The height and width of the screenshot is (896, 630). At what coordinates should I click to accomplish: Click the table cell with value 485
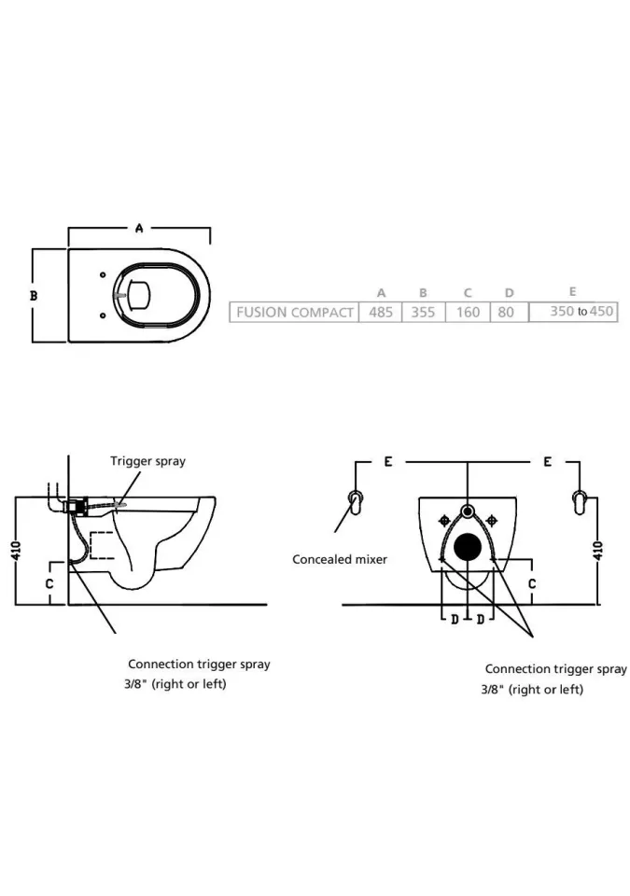point(381,312)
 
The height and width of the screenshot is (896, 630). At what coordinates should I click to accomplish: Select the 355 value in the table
point(423,312)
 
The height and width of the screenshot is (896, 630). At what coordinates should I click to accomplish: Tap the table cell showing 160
point(468,312)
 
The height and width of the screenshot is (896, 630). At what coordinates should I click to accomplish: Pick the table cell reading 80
point(506,312)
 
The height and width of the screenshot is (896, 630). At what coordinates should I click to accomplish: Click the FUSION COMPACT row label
point(294,312)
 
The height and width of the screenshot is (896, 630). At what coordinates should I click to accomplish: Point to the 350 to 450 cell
point(581,311)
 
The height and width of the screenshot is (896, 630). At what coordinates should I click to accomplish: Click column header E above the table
point(572,292)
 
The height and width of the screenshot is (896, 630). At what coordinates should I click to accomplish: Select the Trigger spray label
point(147,461)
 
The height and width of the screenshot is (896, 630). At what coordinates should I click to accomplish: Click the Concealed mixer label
point(340,559)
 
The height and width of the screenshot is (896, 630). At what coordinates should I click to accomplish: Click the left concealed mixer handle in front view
point(355,501)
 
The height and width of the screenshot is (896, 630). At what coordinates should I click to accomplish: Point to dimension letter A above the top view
point(139,228)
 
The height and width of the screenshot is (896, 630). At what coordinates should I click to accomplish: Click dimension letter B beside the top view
point(34,295)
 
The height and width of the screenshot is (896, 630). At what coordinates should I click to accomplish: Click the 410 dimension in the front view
point(599,551)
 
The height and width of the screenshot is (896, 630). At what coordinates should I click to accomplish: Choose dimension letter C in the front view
point(531,583)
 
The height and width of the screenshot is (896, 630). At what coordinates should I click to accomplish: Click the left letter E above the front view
point(388,462)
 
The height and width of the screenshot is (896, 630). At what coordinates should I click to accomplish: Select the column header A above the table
point(381,293)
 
